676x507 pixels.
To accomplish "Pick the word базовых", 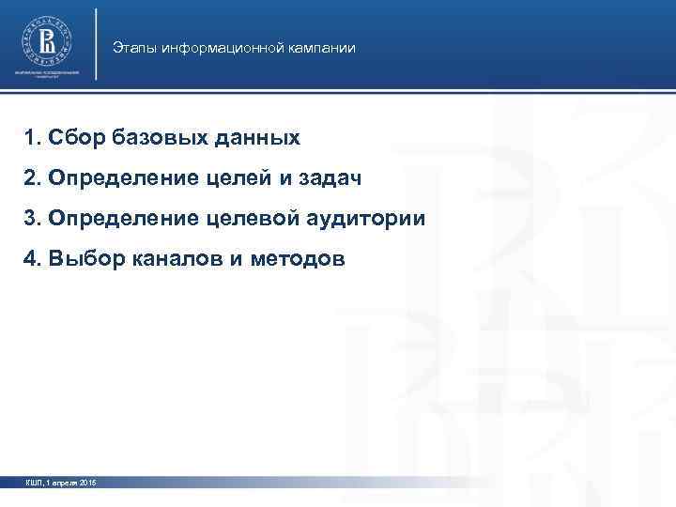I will (150, 139).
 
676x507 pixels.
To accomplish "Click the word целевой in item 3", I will (252, 219).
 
